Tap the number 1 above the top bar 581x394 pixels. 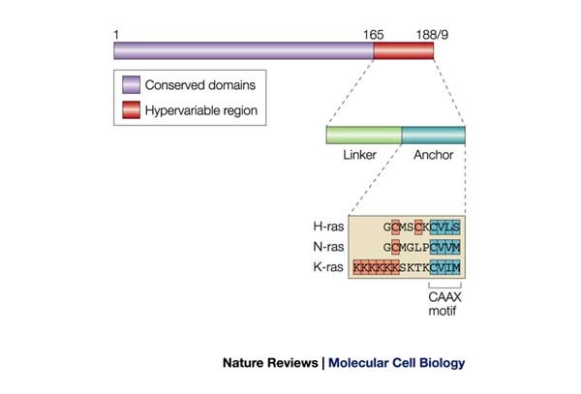pyautogui.click(x=116, y=33)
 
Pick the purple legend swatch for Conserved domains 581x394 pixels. pyautogui.click(x=130, y=83)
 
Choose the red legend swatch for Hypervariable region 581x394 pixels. pyautogui.click(x=130, y=109)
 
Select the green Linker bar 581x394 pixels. pyautogui.click(x=363, y=135)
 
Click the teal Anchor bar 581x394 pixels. pyautogui.click(x=433, y=135)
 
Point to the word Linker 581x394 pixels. pyautogui.click(x=363, y=155)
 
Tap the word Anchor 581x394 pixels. pyautogui.click(x=433, y=155)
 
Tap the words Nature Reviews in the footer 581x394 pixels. pyautogui.click(x=274, y=364)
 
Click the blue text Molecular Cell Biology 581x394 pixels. pyautogui.click(x=396, y=364)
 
